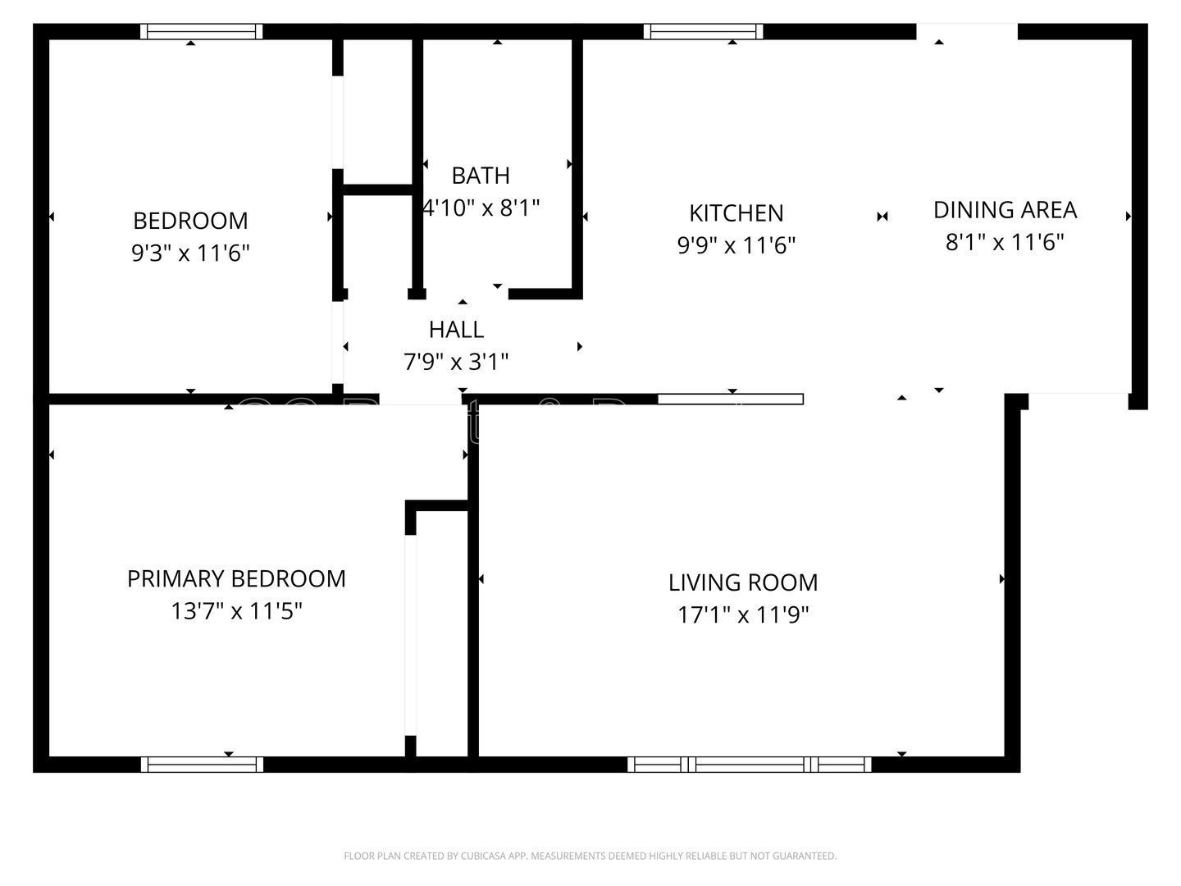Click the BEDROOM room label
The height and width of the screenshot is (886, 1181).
point(190,221)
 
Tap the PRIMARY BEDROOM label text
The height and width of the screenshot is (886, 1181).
point(236,579)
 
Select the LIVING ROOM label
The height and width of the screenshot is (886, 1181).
point(743,582)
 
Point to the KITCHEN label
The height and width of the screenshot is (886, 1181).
point(736,213)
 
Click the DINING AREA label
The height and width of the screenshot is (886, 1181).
point(1005,210)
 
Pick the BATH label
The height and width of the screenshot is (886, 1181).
point(481,176)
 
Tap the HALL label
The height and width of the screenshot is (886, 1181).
point(456,330)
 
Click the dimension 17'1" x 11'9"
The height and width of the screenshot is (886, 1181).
point(743,615)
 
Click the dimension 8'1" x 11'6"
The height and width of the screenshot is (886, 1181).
point(1005,243)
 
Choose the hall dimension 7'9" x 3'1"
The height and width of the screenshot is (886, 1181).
point(456,362)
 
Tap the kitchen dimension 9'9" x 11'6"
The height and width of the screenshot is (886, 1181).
point(736,245)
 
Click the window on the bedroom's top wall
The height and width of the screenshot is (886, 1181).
point(202,32)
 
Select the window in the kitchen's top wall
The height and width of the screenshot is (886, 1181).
point(704,32)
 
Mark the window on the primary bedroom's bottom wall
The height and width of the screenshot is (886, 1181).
point(202,765)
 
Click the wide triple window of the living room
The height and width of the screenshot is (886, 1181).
point(750,765)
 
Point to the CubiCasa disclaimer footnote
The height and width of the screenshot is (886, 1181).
point(590,856)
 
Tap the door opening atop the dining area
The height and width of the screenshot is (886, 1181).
point(966,32)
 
